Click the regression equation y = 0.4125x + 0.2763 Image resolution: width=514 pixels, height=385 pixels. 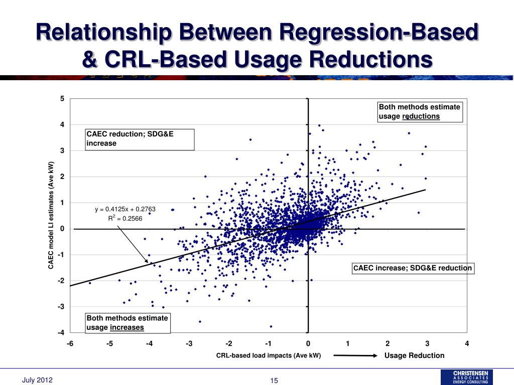click(122, 209)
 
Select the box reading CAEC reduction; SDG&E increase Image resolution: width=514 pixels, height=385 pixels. click(140, 139)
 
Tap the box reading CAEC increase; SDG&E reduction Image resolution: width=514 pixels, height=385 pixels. click(413, 268)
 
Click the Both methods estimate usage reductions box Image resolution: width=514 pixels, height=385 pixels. click(420, 112)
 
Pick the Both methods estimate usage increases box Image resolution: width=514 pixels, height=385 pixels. click(128, 323)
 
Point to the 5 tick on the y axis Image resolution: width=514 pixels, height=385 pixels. click(62, 99)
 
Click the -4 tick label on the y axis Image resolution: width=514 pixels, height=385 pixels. click(61, 332)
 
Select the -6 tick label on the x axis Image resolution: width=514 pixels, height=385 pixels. click(70, 343)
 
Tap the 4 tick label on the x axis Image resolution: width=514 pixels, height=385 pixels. click(467, 343)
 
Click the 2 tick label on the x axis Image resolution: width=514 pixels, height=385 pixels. click(388, 343)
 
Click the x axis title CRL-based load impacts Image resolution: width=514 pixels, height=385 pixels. click(268, 356)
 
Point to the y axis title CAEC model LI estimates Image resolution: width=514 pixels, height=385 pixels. click(51, 216)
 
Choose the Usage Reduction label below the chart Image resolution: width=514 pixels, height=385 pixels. click(415, 356)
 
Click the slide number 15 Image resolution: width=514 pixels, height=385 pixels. click(274, 380)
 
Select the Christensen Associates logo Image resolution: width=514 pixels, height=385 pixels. click(466, 377)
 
